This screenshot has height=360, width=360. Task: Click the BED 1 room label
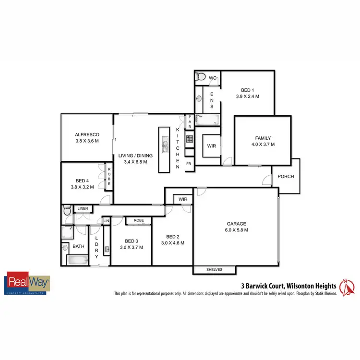coord(247,90)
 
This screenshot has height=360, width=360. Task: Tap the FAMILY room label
coord(263,138)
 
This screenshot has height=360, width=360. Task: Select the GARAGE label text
coord(236,224)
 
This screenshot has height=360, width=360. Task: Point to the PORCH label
coord(286,177)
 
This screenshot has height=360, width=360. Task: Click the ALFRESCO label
coord(87,135)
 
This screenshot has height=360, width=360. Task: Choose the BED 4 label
coord(80,181)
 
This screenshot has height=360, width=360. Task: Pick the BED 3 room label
coord(131,241)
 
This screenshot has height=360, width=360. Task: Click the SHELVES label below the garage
coord(215,270)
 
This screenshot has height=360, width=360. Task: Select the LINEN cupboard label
coord(82,209)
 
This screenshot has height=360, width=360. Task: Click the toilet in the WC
coord(201,76)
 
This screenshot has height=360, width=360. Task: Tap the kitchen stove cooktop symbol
coord(189,139)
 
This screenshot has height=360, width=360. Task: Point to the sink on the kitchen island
coord(165,144)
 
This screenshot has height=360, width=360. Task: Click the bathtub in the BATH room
coord(76,261)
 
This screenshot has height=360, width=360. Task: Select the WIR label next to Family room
coord(211,146)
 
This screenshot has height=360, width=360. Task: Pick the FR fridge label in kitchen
coord(189,163)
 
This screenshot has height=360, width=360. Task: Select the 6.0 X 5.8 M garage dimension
coord(236,230)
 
